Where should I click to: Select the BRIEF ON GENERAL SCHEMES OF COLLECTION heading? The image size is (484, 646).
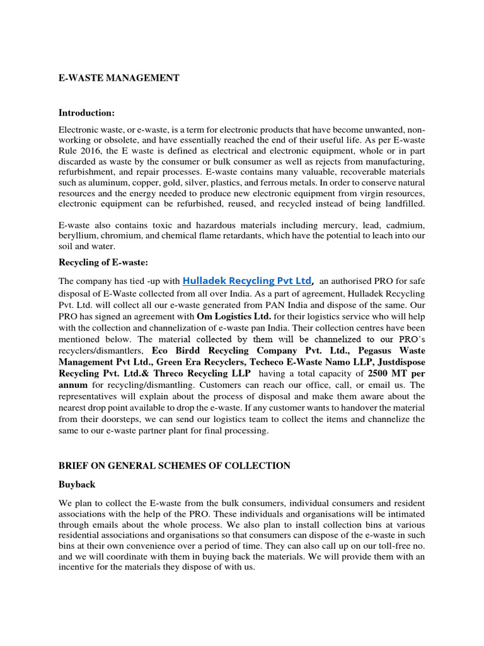175,466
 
